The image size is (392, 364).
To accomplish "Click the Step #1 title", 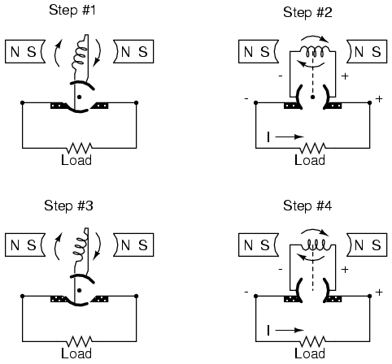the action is tap(72, 11).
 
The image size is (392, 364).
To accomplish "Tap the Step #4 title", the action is tap(307, 206).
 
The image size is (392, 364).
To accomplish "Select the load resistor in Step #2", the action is tap(313, 148).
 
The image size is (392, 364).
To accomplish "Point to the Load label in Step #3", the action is tap(76, 353).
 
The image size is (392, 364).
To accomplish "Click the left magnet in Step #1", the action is tap(25, 51).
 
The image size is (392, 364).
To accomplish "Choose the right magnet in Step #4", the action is tap(367, 245).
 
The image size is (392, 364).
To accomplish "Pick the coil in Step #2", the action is tap(315, 51).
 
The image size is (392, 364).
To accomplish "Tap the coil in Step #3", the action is tap(81, 245).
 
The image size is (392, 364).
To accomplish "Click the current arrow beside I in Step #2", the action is tap(290, 136).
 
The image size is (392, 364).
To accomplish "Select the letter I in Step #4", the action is tap(268, 331).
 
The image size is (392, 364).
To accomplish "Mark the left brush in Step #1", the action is tap(58, 106).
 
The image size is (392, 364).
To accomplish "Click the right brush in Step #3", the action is tap(100, 299).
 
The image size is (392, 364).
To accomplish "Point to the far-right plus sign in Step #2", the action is tap(379, 99).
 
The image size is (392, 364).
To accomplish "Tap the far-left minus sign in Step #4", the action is tap(246, 292).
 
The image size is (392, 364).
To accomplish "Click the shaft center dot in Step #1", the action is tap(79, 97).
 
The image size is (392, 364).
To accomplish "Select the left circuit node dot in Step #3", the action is tap(22, 296).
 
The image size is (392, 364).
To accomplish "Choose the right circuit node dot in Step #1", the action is tap(136, 102).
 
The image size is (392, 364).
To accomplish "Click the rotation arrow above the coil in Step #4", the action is tap(315, 231).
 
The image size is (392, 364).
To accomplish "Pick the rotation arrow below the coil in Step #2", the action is tap(310, 65).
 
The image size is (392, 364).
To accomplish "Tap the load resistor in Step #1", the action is tap(80, 148).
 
